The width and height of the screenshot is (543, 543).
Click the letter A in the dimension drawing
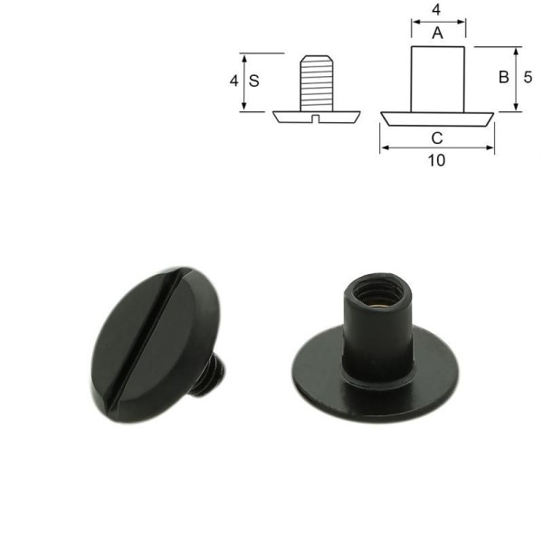pos(437,33)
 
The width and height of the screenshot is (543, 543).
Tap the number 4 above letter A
pos(437,12)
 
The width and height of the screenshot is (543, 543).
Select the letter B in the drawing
pos(503,78)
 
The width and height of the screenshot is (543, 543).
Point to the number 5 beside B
pos(528,78)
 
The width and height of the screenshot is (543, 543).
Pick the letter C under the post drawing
pos(437,138)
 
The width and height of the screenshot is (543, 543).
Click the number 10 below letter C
pos(437,160)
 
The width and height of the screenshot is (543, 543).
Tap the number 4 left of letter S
pos(234,81)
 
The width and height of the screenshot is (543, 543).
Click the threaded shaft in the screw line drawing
pos(316,81)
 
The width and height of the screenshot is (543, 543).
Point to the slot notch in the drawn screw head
pos(316,117)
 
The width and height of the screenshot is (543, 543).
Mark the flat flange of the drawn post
pos(438,119)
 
